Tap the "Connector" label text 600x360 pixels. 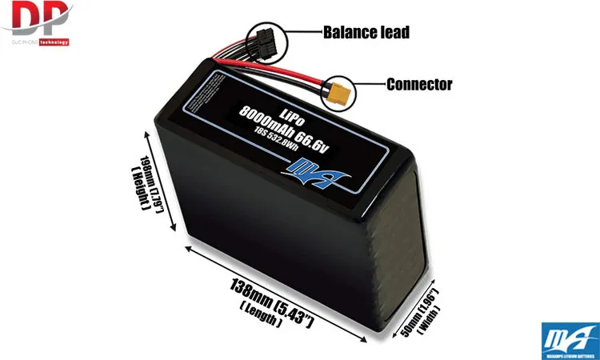[418, 84]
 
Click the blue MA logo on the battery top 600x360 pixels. [303, 169]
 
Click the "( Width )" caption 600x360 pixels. [430, 321]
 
